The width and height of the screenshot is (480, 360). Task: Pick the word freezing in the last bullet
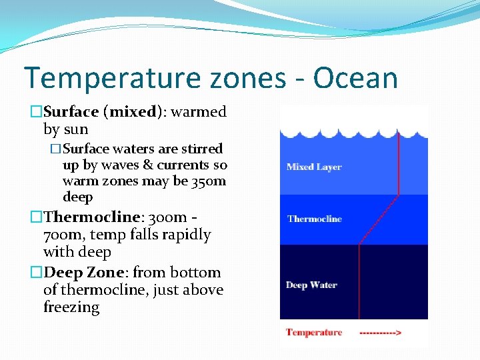pyautogui.click(x=71, y=308)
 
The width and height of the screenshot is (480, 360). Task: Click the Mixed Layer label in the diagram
pyautogui.click(x=313, y=167)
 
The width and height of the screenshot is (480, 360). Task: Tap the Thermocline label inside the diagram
pyautogui.click(x=314, y=219)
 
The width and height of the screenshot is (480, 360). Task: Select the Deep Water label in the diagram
pyautogui.click(x=311, y=285)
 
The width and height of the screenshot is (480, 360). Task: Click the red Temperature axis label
pyautogui.click(x=314, y=332)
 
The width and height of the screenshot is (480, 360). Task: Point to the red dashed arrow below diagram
pyautogui.click(x=380, y=332)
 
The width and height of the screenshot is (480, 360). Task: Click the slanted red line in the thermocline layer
pyautogui.click(x=379, y=219)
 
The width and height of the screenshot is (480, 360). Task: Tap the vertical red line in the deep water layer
pyautogui.click(x=359, y=280)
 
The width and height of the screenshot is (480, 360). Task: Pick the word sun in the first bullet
pyautogui.click(x=77, y=129)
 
